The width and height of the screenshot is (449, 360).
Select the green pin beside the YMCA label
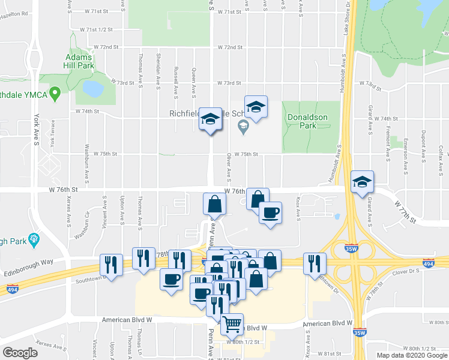click(55, 93)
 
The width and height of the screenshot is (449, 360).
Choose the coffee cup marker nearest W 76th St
click(270, 212)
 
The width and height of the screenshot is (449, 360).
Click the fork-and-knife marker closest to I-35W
click(315, 262)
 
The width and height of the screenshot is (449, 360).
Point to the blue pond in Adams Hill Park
click(92, 89)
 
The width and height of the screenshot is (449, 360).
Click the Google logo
click(20, 353)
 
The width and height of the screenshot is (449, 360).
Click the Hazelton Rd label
click(14, 13)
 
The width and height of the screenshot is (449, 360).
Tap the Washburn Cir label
click(87, 223)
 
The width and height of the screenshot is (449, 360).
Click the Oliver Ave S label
click(229, 167)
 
